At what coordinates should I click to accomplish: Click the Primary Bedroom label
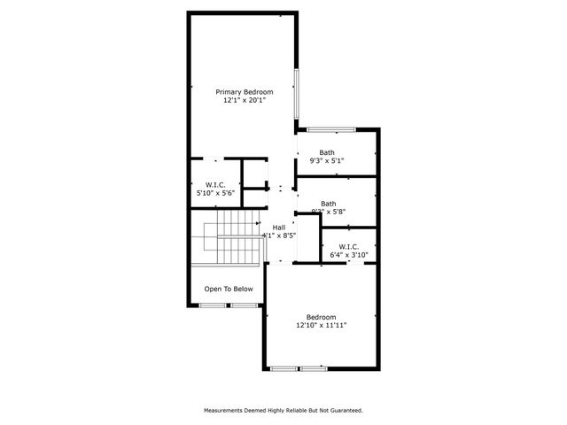tap(245, 92)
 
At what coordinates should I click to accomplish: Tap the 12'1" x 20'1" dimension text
tap(245, 101)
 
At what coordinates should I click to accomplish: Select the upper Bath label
tap(327, 152)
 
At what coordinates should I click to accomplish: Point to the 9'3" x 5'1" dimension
tap(327, 161)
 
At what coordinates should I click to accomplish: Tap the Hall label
tap(278, 228)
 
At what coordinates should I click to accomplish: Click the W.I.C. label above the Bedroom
tap(348, 247)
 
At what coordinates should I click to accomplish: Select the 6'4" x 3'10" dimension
tap(348, 256)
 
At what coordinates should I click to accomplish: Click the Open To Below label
tap(229, 289)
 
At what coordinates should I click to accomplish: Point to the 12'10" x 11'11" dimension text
tap(322, 326)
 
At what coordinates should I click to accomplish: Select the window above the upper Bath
tap(331, 130)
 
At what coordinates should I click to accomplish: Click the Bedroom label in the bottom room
tap(322, 317)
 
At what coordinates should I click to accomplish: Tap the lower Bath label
tap(329, 203)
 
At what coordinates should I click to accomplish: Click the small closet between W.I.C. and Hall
tap(255, 173)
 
